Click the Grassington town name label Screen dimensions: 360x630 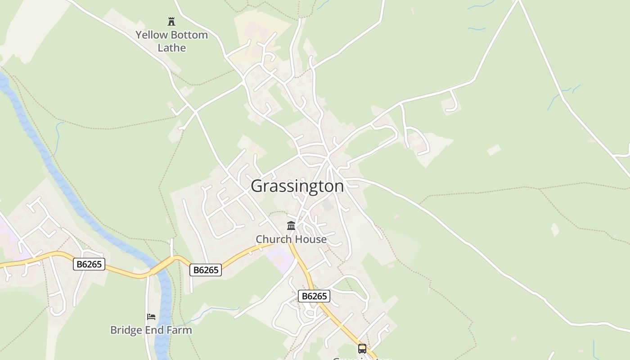tap(297, 186)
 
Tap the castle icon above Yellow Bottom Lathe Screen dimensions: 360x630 tap(171, 21)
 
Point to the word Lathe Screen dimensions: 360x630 tap(171, 48)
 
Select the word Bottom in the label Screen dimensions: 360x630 tap(189, 35)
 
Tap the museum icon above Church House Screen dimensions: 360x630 tap(291, 225)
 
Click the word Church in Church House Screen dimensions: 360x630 tap(272, 239)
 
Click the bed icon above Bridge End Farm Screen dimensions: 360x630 tap(151, 317)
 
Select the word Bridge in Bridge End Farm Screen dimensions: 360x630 tap(126, 330)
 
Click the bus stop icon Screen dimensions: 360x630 tap(362, 348)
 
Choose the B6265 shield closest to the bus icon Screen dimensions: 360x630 tap(314, 296)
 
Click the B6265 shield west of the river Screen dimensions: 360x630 tap(89, 264)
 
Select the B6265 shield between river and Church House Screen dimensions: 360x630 tap(206, 270)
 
